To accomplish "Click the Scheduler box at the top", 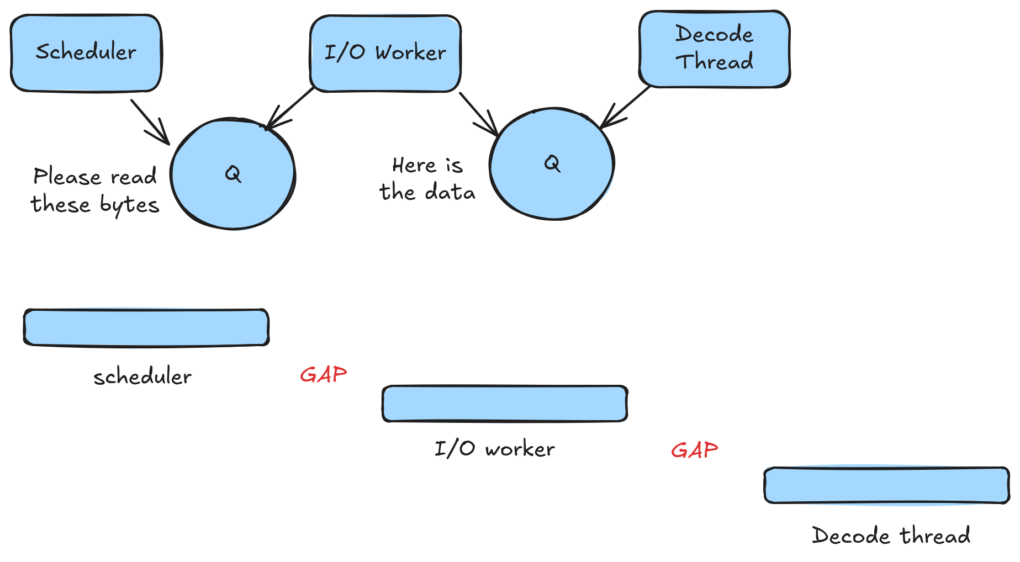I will click(x=86, y=53).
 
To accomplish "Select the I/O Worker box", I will click(x=385, y=53).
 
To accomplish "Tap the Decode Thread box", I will click(x=714, y=49).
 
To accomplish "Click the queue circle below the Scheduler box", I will click(x=232, y=174).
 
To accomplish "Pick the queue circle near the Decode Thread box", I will click(x=552, y=164).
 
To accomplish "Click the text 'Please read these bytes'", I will click(x=95, y=190).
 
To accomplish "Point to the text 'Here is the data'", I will click(x=427, y=179).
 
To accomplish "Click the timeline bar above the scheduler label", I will click(x=146, y=327).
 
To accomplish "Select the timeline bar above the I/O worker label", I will click(x=505, y=404).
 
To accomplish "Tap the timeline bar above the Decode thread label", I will click(x=886, y=485).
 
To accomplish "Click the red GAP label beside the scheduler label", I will click(x=323, y=375).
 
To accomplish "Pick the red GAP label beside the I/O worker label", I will click(x=694, y=450).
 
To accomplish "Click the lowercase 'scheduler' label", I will click(x=142, y=377).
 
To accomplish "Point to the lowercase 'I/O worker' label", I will click(x=494, y=449).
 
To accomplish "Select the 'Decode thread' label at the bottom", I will click(x=891, y=536).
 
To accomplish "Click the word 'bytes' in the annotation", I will click(x=129, y=205).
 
